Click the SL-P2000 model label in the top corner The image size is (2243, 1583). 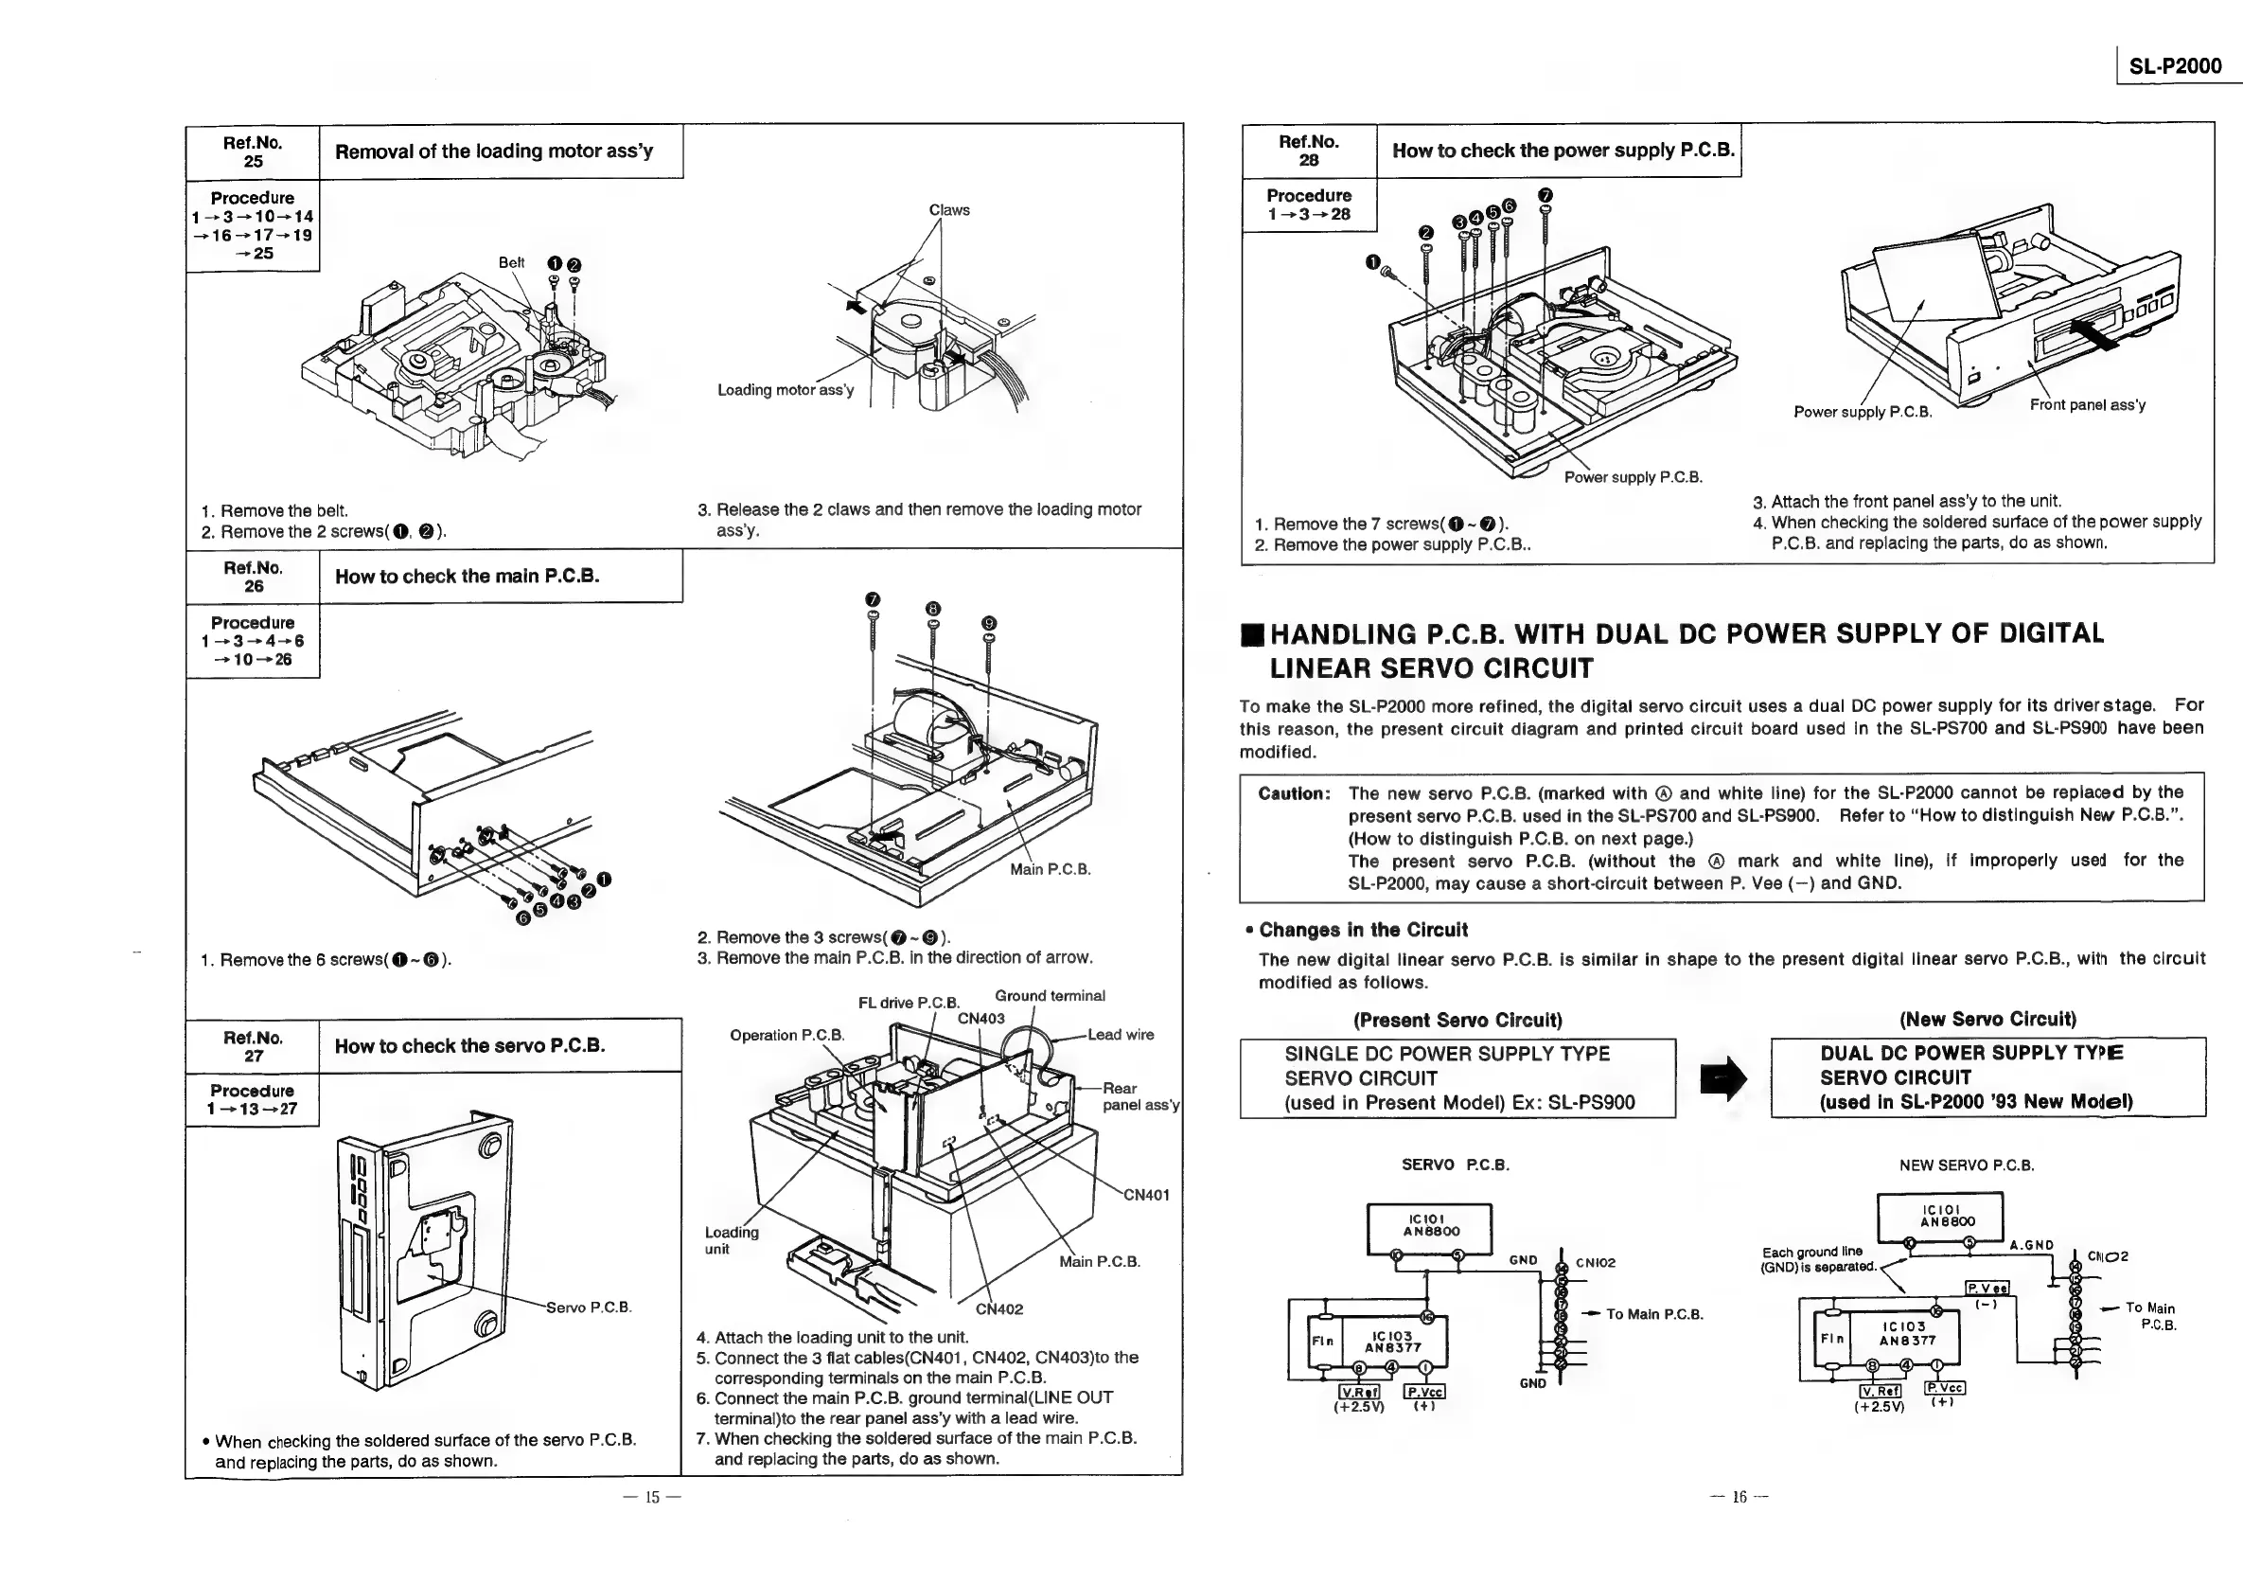2175,65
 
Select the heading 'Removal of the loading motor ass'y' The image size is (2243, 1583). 493,151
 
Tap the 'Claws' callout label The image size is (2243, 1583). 948,210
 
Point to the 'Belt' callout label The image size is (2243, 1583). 511,263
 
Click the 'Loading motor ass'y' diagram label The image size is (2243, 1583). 786,390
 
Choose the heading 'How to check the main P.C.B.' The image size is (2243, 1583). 467,577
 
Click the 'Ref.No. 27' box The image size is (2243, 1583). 253,1046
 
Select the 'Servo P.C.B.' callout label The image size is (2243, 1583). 588,1307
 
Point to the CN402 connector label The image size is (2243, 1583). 998,1309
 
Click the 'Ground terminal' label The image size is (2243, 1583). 1050,996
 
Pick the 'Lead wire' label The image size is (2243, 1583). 1121,1035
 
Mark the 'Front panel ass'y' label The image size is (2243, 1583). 2087,405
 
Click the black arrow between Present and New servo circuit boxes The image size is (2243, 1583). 1722,1077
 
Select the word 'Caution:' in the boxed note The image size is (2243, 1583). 1294,793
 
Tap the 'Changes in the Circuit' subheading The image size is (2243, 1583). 1362,931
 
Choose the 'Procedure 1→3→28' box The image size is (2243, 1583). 1308,205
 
